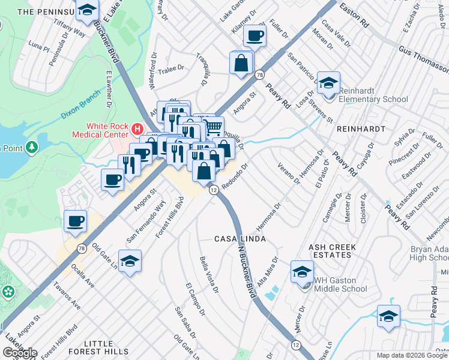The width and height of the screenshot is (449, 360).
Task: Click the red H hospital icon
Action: (x=137, y=128)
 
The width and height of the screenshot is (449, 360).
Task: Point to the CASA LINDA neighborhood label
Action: (x=240, y=239)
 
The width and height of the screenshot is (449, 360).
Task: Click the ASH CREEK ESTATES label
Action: (x=332, y=251)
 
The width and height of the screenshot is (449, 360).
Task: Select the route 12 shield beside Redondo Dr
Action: (x=213, y=190)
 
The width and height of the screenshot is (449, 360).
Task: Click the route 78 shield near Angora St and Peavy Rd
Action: (x=259, y=75)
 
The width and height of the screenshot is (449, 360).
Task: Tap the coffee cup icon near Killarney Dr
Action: (x=255, y=37)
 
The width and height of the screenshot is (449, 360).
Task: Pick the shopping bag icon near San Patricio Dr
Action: (x=241, y=63)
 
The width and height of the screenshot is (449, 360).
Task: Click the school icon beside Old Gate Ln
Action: (x=130, y=262)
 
